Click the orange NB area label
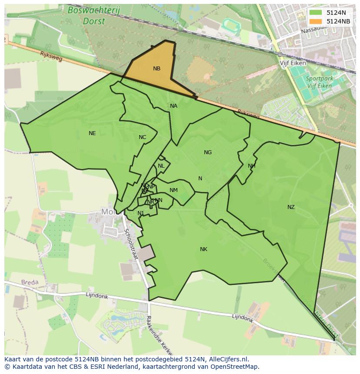[x=157, y=69]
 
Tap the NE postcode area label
[x=92, y=133]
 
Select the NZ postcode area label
[x=291, y=207]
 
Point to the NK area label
[x=203, y=249]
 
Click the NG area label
[x=208, y=152]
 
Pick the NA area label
[x=173, y=106]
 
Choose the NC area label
[x=142, y=138]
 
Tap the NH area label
[x=251, y=166]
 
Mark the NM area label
[x=173, y=190]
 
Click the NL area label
[x=161, y=166]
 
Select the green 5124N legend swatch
[x=316, y=13]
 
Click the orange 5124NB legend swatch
[x=316, y=21]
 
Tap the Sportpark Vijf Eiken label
[x=319, y=82]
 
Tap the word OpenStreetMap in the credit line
[x=237, y=367]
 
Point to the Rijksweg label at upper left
[x=50, y=56]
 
